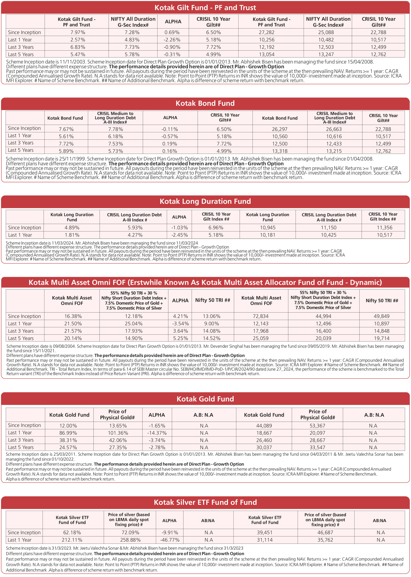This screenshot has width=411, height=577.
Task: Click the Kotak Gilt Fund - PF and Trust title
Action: coord(205,8)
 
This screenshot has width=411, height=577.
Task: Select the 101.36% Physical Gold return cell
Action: coord(118,433)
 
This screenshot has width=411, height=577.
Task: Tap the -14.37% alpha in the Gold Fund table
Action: coord(157,433)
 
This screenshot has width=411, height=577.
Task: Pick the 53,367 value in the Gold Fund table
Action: coord(317,426)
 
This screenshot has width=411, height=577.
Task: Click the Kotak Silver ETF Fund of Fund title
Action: coord(205,502)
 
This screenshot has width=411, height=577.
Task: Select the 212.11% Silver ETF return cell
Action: coord(72,540)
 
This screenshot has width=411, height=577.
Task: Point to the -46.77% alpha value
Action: coord(170,540)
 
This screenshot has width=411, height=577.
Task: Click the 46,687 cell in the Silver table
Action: coord(325,533)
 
